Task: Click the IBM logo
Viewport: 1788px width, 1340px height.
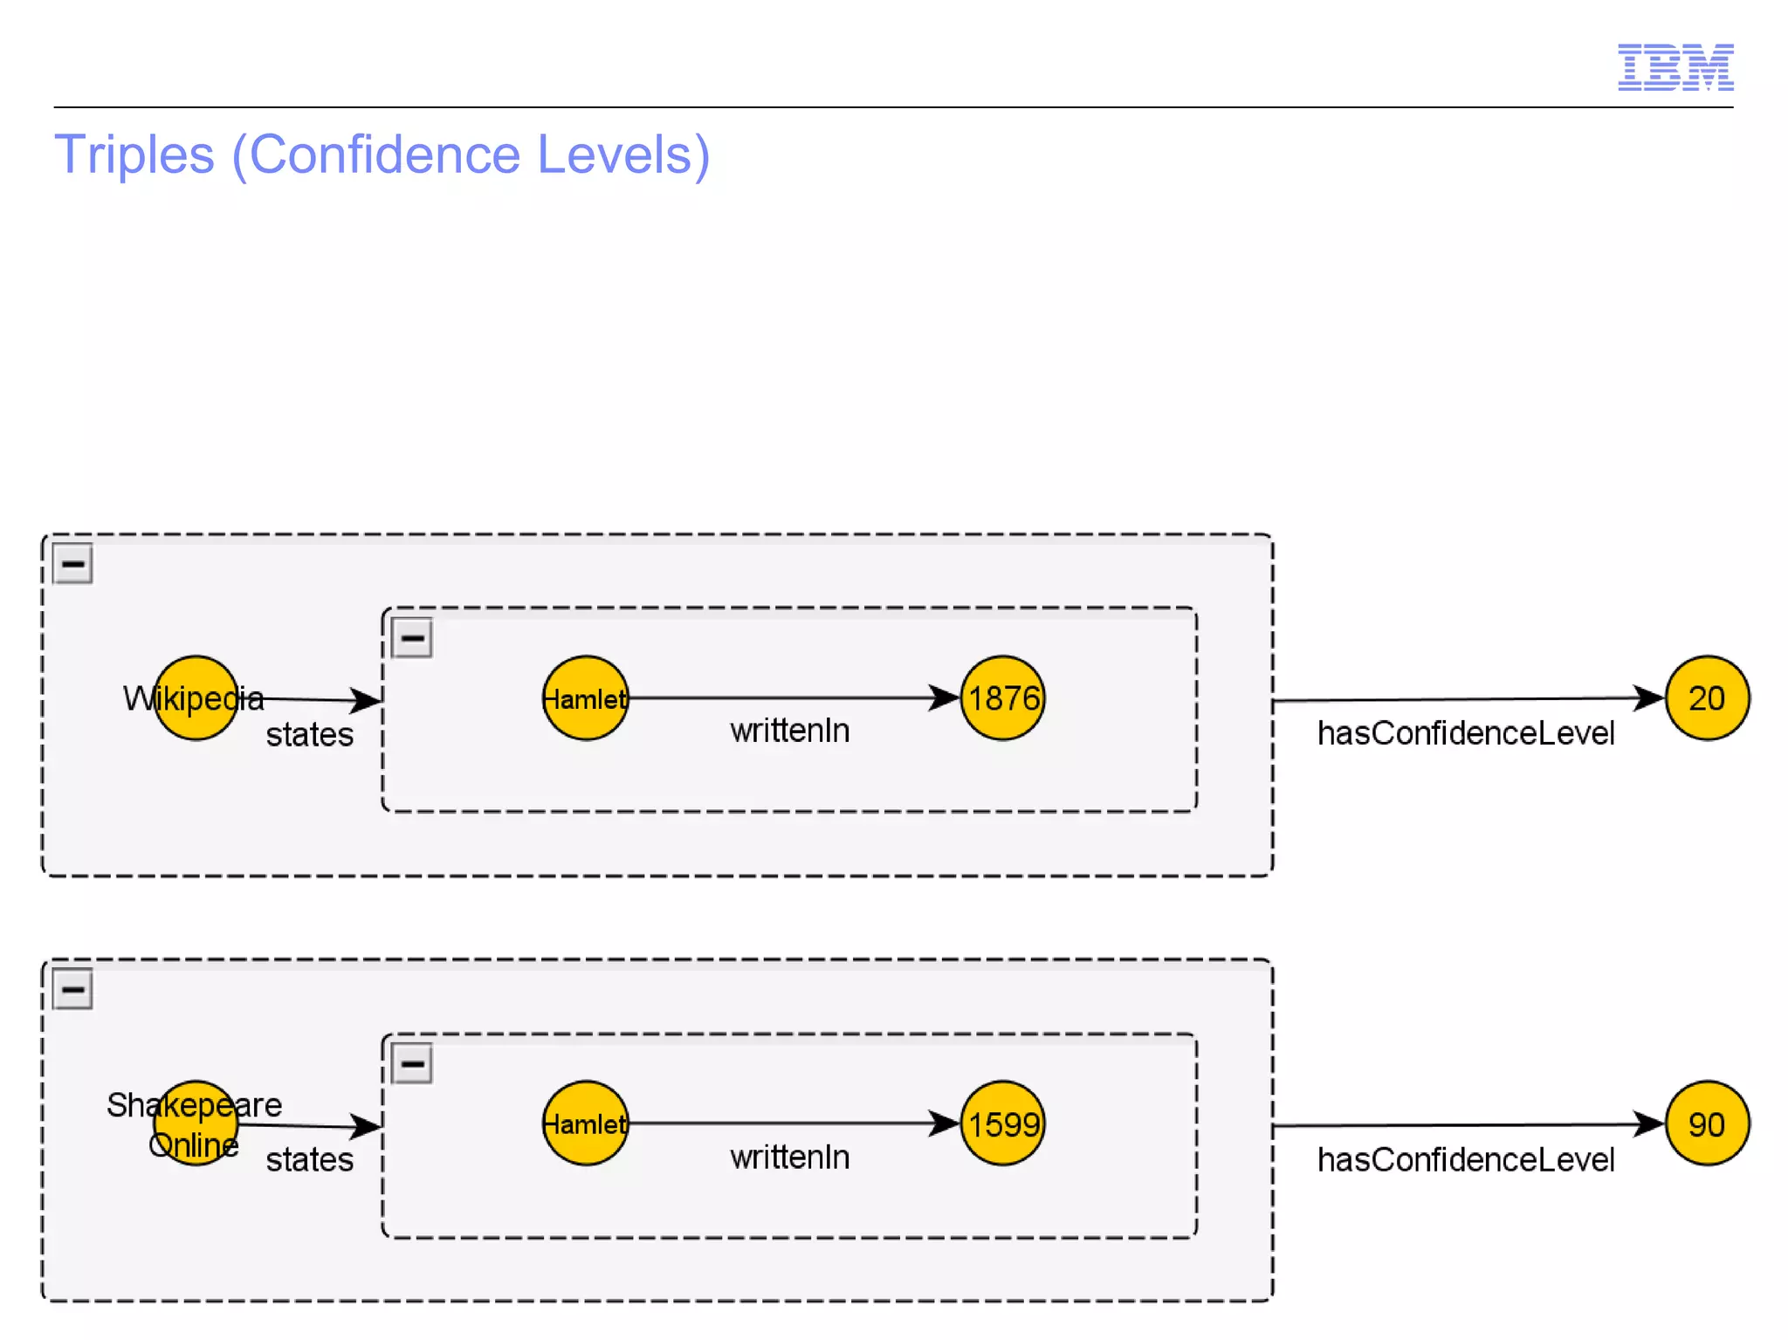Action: pos(1675,67)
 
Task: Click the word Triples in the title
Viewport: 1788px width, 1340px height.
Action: pos(134,155)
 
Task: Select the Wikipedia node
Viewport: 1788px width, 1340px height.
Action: pos(196,698)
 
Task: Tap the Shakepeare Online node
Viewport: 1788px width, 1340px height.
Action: pos(196,1124)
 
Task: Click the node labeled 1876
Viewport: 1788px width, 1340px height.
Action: pos(1003,698)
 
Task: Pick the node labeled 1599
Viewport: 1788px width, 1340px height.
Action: pos(1003,1124)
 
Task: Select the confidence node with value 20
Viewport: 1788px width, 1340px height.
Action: pos(1706,698)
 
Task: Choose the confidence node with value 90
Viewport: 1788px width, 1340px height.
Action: pos(1706,1124)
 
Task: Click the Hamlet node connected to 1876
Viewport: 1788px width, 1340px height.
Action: pos(585,698)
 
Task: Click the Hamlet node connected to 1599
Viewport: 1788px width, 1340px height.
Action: pos(585,1124)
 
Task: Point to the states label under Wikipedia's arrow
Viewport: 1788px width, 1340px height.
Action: pos(309,735)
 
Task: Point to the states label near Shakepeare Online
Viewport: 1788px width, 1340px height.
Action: pos(309,1160)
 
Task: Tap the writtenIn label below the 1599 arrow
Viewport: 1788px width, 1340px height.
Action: pos(789,1158)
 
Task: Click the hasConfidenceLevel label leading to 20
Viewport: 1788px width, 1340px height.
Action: pos(1465,733)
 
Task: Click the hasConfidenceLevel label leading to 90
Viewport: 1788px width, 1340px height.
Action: pos(1465,1160)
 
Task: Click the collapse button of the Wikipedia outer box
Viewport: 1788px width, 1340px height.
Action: pos(72,564)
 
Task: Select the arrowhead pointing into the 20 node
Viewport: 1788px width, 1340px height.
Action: pos(1648,697)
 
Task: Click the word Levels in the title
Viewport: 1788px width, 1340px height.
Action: pos(623,155)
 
